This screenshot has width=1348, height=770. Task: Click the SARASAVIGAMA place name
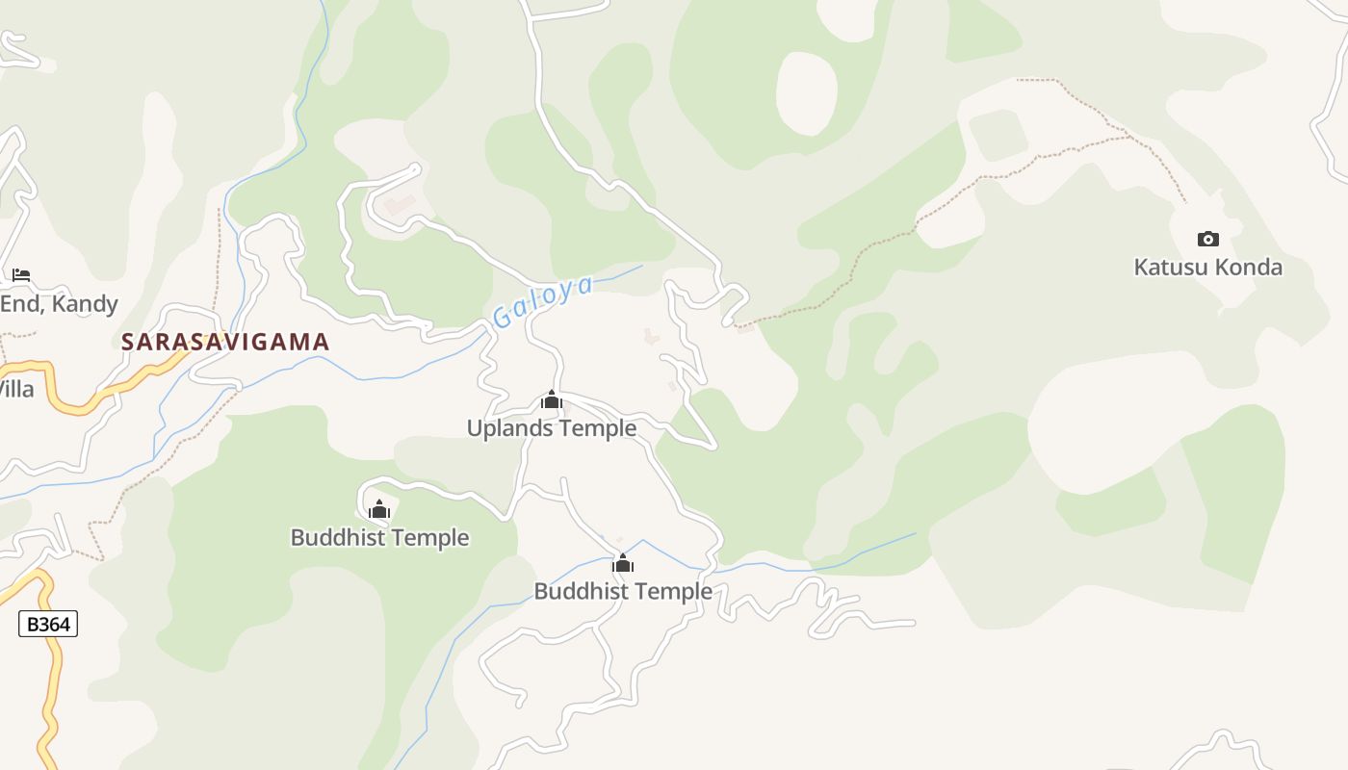[x=225, y=342]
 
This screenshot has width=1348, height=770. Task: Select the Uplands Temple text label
[x=552, y=428]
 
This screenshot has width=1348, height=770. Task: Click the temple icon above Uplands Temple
[x=552, y=399]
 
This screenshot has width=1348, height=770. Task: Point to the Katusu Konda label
[x=1207, y=268]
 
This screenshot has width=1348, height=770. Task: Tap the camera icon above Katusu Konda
[x=1207, y=239]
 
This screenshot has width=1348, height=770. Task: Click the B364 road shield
[x=48, y=624]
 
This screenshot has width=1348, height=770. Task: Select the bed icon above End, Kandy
[x=21, y=275]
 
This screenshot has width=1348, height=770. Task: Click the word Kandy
[x=87, y=304]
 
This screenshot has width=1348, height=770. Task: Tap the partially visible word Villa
[x=15, y=390]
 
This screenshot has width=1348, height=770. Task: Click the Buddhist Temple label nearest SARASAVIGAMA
[x=379, y=538]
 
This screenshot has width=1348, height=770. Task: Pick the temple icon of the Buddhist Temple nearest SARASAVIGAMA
[x=379, y=509]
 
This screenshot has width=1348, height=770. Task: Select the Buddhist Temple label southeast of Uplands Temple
[x=623, y=591]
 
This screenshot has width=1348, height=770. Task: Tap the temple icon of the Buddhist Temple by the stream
[x=623, y=563]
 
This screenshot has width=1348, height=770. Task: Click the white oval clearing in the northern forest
[x=807, y=93]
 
